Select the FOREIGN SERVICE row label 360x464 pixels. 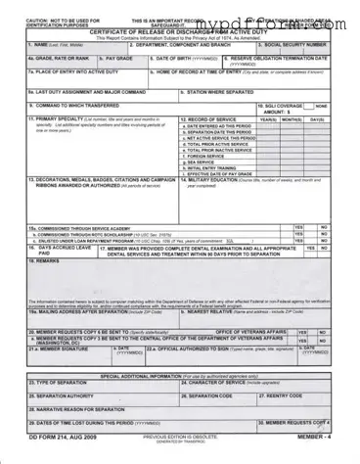tap(203, 155)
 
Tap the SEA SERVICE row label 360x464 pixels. tap(200, 161)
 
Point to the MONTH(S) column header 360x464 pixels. tap(291, 118)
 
